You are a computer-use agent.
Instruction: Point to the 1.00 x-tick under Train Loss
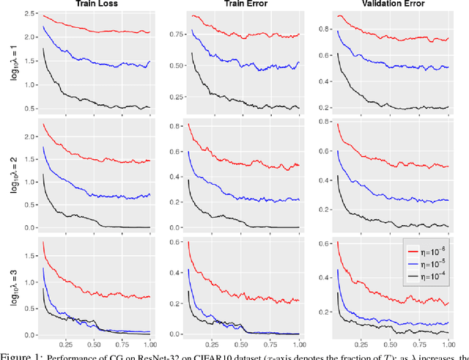click(149, 344)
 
